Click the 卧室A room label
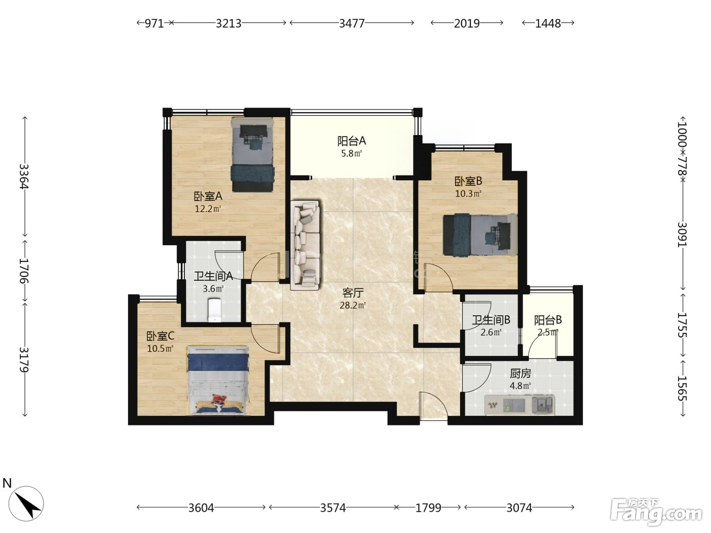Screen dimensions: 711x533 208,196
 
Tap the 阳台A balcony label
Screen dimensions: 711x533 351,141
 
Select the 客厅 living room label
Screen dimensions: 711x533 353,293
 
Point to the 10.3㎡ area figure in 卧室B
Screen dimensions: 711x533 468,194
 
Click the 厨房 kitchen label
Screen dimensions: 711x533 520,374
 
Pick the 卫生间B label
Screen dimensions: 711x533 491,320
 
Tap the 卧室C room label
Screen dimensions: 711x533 160,336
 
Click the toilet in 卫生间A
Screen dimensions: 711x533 214,310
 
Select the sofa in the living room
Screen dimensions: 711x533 305,245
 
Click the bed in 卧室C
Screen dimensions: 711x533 218,380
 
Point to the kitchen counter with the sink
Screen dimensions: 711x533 520,405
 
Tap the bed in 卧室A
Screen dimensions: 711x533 252,155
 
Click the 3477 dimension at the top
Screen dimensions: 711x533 352,23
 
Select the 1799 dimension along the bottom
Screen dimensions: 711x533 428,508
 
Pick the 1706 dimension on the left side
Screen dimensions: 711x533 24,271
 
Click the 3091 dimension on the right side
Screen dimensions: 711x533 683,235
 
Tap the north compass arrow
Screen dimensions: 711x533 28,506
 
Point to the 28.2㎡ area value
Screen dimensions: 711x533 353,305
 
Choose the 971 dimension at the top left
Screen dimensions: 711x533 154,23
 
